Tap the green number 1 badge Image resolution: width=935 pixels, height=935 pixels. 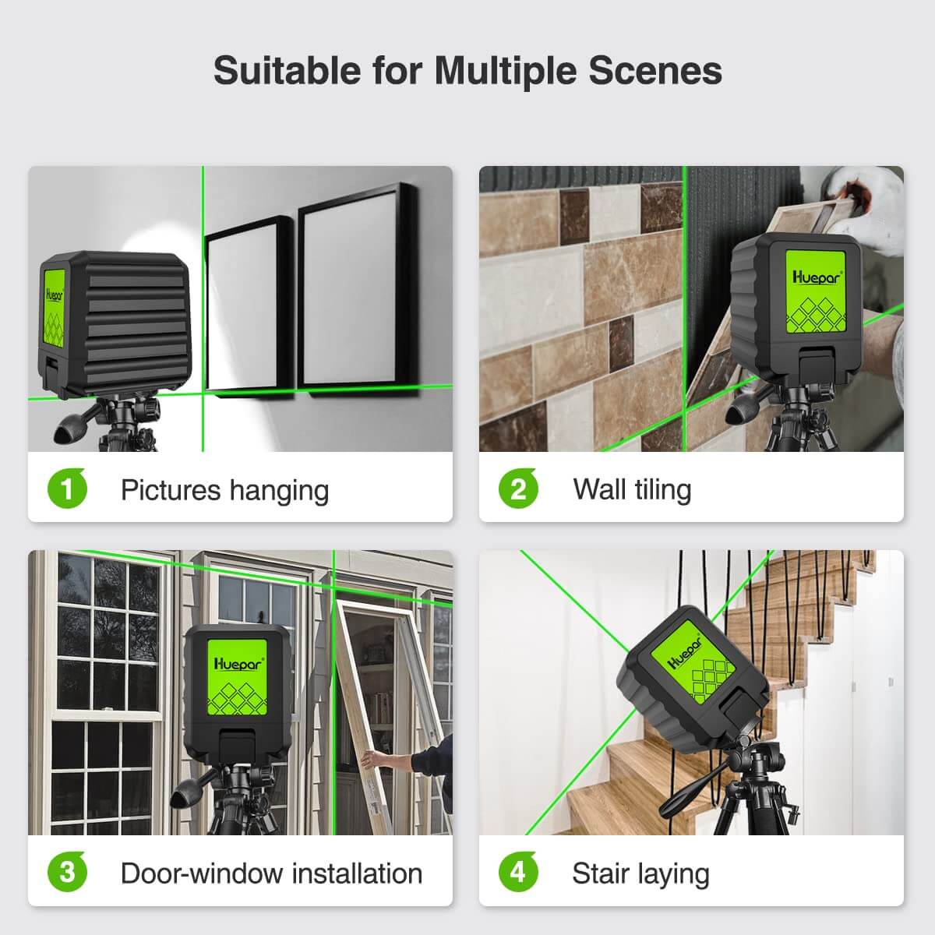pos(67,489)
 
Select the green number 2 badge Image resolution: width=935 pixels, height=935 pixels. pos(518,489)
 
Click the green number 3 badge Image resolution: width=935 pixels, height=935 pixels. pos(67,873)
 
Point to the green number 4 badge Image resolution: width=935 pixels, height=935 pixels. pos(518,873)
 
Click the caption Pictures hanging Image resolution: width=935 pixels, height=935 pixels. pos(224,490)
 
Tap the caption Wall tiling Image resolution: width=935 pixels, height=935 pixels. pos(632,489)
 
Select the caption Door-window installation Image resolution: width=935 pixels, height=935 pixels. pos(271,873)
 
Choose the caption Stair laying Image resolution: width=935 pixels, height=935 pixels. pos(640,873)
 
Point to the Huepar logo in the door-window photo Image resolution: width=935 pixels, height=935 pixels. pos(238,664)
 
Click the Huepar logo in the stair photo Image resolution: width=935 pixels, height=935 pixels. pos(686,653)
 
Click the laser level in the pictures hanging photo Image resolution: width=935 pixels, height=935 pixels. pos(113,323)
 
